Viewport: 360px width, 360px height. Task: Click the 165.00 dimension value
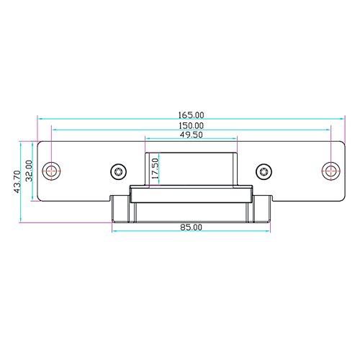[191, 115]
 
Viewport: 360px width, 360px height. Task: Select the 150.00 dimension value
[192, 125]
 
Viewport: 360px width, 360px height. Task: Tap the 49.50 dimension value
[192, 135]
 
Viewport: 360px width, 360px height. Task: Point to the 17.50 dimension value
[156, 168]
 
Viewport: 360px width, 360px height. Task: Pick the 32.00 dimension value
[29, 171]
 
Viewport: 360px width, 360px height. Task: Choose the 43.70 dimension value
[17, 181]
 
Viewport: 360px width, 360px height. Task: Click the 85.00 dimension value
[191, 228]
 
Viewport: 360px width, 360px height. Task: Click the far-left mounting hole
[51, 171]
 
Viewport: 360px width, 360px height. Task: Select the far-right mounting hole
[330, 171]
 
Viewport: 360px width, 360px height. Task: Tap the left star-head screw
[119, 172]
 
